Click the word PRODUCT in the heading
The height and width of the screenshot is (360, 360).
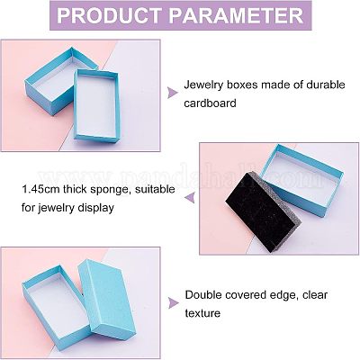[x=110, y=15]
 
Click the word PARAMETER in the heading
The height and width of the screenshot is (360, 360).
[x=236, y=15]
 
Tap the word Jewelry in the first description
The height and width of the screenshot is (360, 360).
[x=203, y=85]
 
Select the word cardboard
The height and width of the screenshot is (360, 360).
[x=210, y=103]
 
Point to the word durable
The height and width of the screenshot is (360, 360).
[x=326, y=85]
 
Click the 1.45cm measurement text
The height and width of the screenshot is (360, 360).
[x=42, y=190]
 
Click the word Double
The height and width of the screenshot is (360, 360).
[x=203, y=295]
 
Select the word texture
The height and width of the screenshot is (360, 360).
[x=202, y=313]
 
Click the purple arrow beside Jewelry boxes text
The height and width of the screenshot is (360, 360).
[x=172, y=93]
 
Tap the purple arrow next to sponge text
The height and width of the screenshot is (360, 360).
[x=190, y=198]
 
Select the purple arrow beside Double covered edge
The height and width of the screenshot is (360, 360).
[x=173, y=303]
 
